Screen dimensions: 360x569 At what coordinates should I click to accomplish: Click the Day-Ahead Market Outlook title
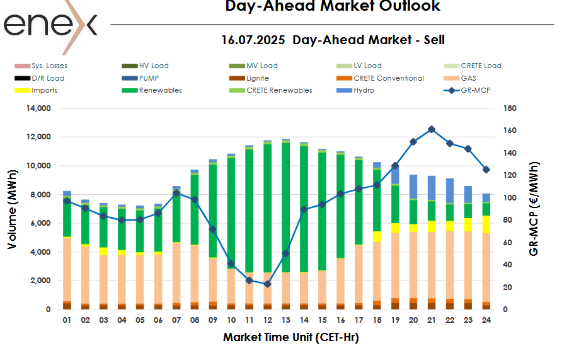(333, 6)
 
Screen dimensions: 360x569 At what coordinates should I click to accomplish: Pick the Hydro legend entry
(364, 90)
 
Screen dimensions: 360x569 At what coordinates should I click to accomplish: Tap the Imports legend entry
(44, 90)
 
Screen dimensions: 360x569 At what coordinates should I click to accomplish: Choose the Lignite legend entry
(257, 78)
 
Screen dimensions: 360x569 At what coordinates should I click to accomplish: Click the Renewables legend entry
(160, 90)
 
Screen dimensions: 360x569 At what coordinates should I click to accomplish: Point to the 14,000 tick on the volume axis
(37, 108)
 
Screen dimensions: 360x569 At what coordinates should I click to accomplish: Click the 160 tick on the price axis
(510, 131)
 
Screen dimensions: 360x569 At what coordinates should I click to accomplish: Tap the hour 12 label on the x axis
(267, 320)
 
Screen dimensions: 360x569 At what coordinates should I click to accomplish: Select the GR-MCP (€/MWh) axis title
(534, 208)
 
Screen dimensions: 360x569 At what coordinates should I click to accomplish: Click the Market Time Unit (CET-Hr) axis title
(290, 338)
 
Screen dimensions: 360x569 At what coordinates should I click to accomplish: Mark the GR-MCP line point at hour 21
(432, 129)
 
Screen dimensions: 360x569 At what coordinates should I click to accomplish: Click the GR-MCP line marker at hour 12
(267, 284)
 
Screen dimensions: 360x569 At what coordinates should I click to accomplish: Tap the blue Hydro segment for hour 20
(413, 187)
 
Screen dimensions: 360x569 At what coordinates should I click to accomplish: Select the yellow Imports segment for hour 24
(486, 224)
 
